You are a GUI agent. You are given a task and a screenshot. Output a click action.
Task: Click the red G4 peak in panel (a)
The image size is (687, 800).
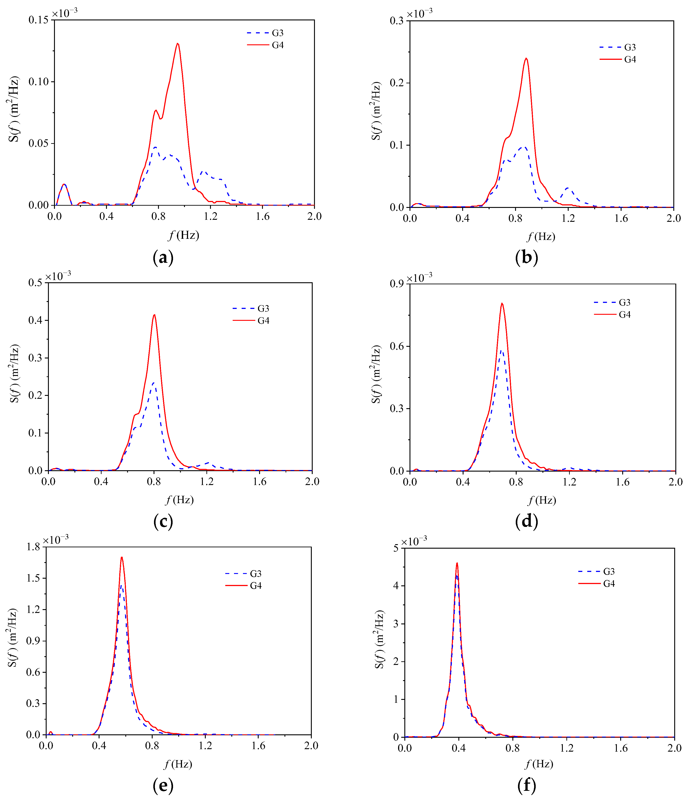[x=177, y=44]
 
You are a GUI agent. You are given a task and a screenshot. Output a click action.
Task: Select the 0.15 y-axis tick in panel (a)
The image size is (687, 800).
[x=39, y=20]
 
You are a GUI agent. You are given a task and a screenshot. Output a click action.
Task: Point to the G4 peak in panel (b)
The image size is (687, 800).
[x=526, y=59]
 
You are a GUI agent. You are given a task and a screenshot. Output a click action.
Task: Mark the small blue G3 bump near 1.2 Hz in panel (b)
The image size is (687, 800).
[x=567, y=188]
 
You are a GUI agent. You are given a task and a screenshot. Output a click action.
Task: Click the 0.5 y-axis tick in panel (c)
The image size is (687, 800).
[x=36, y=283]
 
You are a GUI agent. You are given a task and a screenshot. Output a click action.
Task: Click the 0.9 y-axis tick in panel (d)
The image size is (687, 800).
[x=397, y=284]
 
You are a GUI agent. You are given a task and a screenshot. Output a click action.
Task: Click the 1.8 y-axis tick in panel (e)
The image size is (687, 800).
[x=33, y=547]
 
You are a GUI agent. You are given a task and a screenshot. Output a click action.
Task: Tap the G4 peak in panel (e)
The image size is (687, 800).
[x=122, y=557]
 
